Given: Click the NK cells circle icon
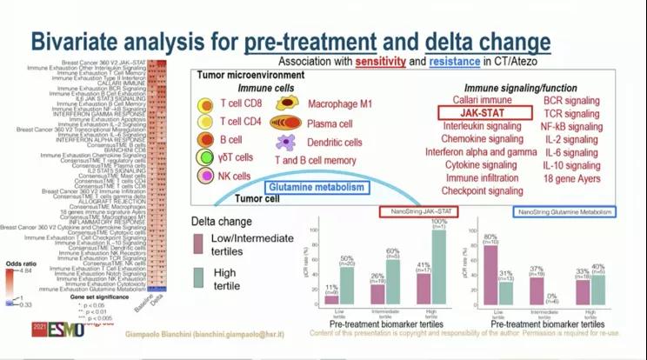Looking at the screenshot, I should pyautogui.click(x=206, y=176).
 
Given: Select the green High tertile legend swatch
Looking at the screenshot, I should pyautogui.click(x=199, y=276).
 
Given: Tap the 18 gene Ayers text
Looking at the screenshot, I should pyautogui.click(x=572, y=178).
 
